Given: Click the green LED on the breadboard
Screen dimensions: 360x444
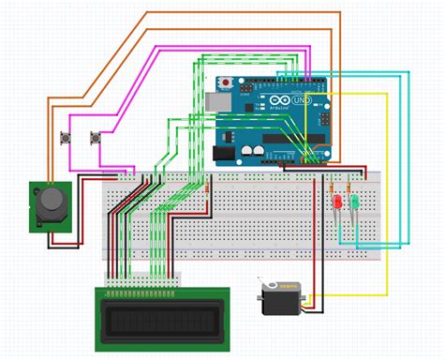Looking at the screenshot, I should (x=355, y=202).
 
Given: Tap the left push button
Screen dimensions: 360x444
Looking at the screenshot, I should (x=67, y=140).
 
